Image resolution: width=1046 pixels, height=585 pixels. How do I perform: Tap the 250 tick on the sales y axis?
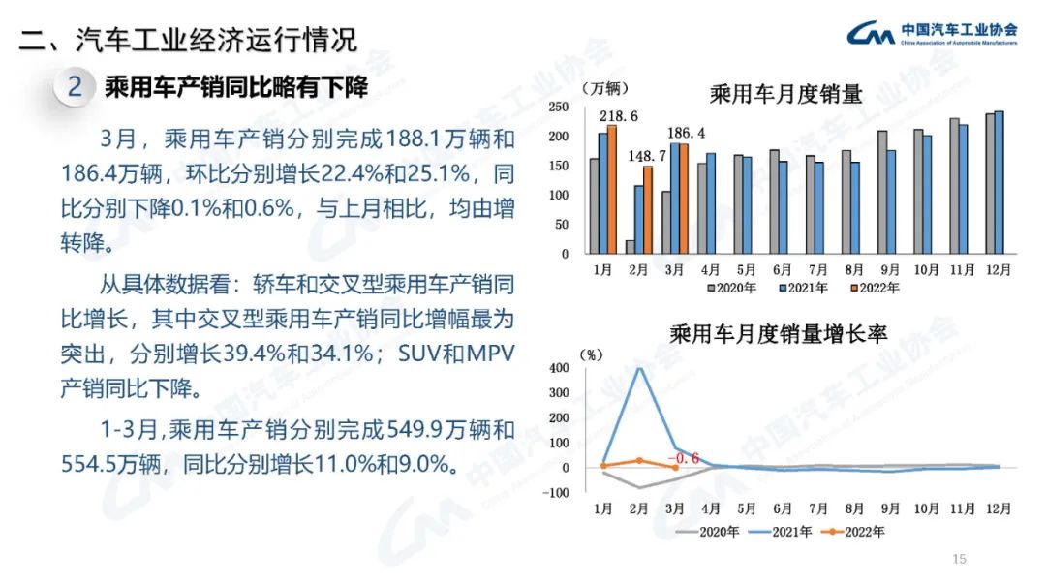coord(557,106)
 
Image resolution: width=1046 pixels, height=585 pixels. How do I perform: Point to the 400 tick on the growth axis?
coord(560,368)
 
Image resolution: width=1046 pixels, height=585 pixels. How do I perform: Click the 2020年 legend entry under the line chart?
coord(710,531)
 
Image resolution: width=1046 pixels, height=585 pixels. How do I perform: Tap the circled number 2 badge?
coord(76,87)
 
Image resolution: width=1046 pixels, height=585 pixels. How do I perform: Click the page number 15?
coord(960,559)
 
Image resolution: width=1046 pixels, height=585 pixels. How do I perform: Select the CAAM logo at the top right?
coord(870,35)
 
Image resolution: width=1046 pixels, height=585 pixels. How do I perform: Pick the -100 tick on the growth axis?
coord(558,493)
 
